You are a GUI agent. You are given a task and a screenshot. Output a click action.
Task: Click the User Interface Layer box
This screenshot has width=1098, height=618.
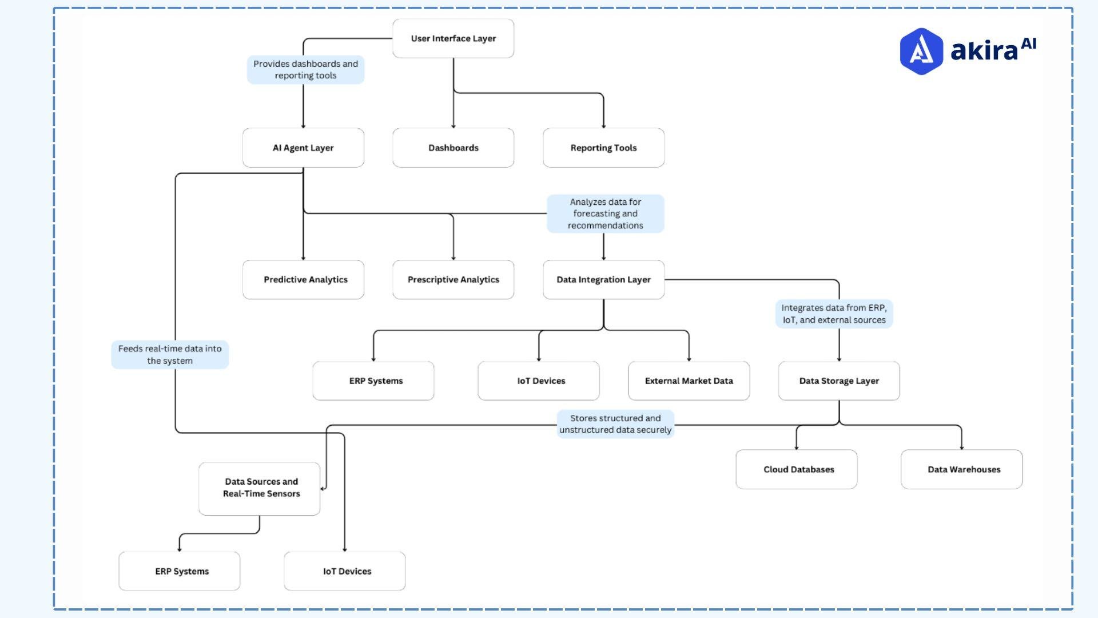tap(453, 38)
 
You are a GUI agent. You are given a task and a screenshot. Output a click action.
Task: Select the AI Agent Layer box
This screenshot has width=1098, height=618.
tap(303, 148)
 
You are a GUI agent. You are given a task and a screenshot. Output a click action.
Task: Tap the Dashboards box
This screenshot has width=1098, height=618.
tap(453, 148)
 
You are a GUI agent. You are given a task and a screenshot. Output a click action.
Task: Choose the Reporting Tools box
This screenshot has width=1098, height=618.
tap(603, 148)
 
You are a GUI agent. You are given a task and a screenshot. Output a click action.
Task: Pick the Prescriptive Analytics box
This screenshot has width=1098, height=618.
tap(453, 280)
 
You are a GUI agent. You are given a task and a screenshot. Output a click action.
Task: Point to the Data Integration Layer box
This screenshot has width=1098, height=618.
tap(603, 280)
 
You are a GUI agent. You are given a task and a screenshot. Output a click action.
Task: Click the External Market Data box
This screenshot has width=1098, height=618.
tap(689, 381)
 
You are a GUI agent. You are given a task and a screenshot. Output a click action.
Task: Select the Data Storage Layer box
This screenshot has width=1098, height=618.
tap(838, 381)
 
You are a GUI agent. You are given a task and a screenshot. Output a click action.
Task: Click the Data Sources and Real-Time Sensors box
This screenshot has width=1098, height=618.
tap(260, 488)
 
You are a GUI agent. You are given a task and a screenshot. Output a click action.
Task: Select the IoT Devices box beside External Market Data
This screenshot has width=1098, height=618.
tap(539, 381)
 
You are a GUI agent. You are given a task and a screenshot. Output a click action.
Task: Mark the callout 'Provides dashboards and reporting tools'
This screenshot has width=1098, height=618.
tap(305, 70)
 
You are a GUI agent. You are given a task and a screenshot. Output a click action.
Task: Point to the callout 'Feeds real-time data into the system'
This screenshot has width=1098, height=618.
tap(170, 355)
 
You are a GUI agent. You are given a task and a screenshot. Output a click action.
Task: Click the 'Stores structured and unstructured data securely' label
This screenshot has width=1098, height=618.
tap(615, 424)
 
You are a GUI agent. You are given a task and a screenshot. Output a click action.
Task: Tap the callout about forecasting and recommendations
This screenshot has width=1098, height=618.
tap(605, 213)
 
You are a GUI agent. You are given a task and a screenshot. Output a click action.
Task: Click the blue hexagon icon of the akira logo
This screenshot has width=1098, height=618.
tap(921, 51)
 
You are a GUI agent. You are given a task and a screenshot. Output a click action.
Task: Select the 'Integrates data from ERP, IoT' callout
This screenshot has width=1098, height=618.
tap(834, 314)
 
